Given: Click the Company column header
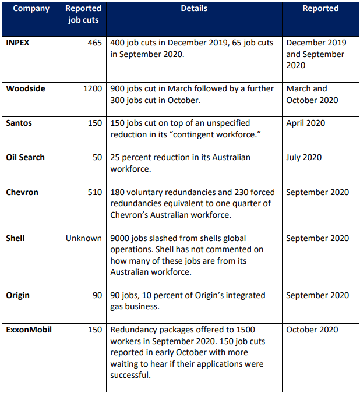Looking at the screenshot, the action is (x=31, y=9).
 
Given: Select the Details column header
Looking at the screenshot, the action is (x=194, y=9).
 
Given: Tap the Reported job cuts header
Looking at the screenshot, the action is (x=83, y=15).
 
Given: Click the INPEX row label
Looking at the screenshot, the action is (x=18, y=43).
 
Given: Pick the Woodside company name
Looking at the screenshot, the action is (x=26, y=88).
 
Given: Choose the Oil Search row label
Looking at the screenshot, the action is (x=25, y=157).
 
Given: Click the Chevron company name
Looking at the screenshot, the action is (x=22, y=192).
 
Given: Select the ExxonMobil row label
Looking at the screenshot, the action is (x=29, y=330).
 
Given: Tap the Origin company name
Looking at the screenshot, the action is (x=18, y=295).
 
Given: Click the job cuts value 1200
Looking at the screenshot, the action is (x=93, y=88).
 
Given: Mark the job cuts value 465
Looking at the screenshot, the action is (x=95, y=43).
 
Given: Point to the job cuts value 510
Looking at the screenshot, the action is (x=95, y=192).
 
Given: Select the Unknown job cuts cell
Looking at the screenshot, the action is (x=84, y=238).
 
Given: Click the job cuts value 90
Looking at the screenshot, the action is (x=97, y=295).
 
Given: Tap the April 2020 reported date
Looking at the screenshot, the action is (x=306, y=123).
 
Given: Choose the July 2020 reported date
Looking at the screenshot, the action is (x=304, y=157).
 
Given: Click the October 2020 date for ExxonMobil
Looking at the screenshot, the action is (x=312, y=330).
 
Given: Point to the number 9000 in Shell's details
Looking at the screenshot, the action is (x=121, y=238).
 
